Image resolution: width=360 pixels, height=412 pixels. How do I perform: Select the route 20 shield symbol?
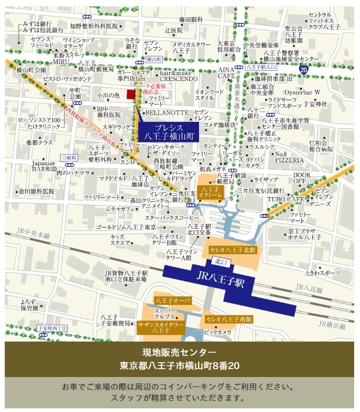click(303, 69)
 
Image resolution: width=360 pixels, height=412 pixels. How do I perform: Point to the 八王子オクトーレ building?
click(210, 193)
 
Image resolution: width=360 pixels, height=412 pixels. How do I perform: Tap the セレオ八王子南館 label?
click(229, 319)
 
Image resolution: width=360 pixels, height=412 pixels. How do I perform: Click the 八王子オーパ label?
click(169, 300)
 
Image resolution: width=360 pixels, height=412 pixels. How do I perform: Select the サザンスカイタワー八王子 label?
click(161, 326)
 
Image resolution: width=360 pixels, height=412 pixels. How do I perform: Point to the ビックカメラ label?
click(218, 332)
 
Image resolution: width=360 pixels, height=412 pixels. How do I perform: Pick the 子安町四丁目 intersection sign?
click(52, 328)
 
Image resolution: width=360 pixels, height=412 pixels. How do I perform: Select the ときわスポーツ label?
click(323, 272)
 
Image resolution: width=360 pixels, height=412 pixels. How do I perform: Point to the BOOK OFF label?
click(303, 177)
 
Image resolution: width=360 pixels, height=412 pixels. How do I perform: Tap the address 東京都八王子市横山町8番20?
click(179, 366)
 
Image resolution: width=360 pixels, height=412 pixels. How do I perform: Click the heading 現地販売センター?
click(179, 353)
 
